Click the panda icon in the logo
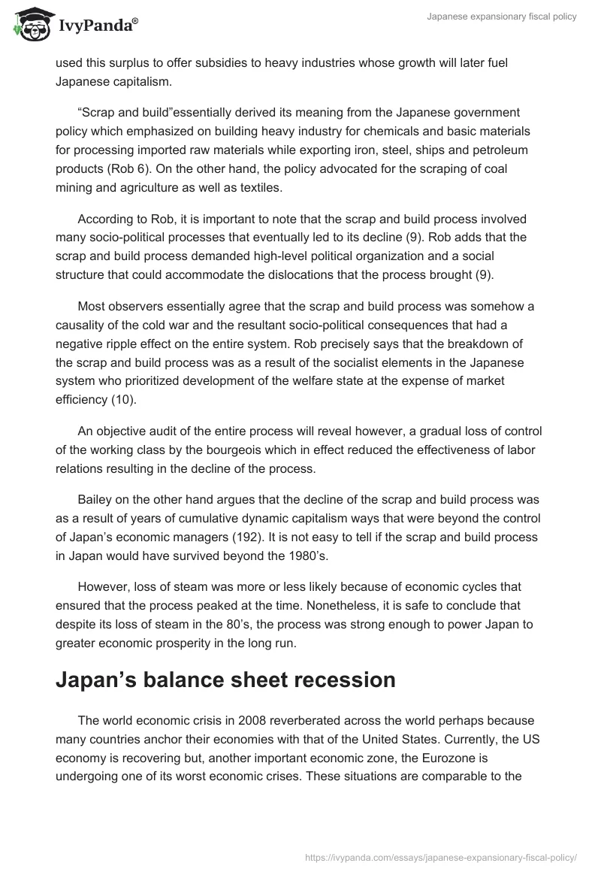point(31,25)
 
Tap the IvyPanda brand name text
point(97,26)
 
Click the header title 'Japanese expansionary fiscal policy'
point(500,17)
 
